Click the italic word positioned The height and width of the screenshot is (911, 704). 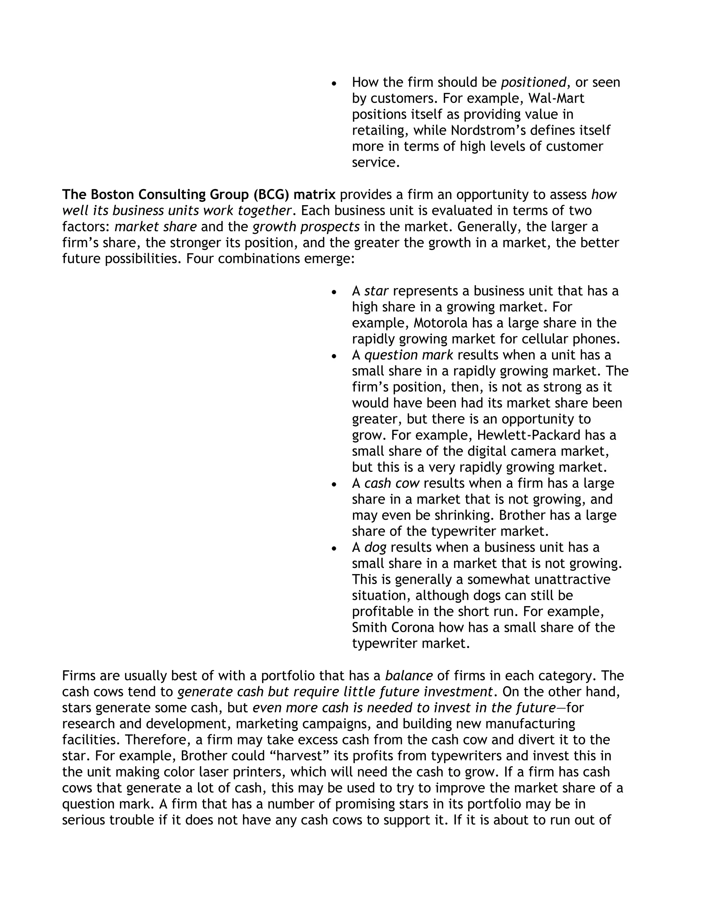[x=533, y=83]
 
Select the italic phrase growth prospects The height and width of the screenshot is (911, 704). [x=306, y=227]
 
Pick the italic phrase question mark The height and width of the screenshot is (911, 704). [x=408, y=355]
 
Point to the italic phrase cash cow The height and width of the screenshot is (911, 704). [x=392, y=483]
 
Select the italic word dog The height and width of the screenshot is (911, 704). [x=375, y=548]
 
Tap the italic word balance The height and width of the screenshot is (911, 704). [x=409, y=676]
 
